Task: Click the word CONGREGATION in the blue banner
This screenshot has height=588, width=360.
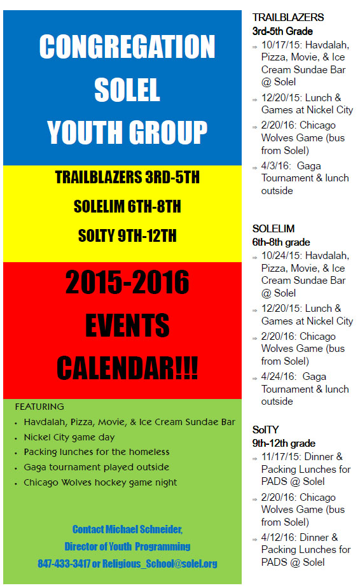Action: [127, 46]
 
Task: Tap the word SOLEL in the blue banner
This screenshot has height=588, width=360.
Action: [127, 90]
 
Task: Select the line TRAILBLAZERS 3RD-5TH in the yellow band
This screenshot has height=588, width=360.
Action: [127, 177]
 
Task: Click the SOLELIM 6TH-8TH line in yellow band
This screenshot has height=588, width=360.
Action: [127, 206]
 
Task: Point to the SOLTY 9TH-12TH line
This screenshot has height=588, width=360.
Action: [127, 235]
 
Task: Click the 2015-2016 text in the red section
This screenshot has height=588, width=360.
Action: [127, 282]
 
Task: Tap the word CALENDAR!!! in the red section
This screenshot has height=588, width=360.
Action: [127, 368]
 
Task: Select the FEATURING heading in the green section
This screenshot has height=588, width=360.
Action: [39, 407]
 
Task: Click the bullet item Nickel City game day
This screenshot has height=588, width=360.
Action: [69, 437]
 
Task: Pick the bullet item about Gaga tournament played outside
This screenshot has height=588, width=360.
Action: [97, 467]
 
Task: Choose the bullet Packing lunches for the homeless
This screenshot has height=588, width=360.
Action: [97, 452]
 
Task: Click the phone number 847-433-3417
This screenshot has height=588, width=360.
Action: [64, 564]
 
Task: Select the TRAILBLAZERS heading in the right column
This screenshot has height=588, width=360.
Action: [288, 17]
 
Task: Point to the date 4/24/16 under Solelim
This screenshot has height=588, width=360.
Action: [278, 377]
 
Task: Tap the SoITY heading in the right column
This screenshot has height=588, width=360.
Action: [265, 430]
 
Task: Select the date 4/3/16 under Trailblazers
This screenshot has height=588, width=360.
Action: [275, 165]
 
